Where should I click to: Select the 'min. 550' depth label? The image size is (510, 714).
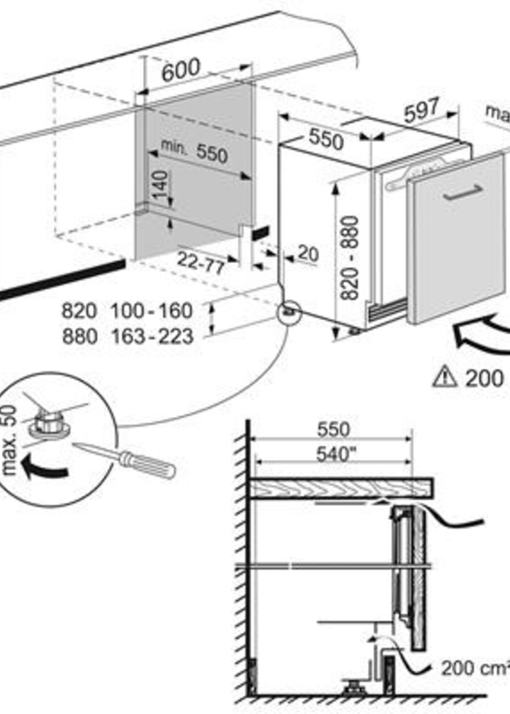[194, 152]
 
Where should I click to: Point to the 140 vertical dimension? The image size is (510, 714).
[161, 185]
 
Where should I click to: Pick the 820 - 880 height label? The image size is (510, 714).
[349, 257]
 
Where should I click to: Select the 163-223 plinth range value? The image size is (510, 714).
[153, 336]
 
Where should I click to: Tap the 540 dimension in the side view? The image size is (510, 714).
[333, 454]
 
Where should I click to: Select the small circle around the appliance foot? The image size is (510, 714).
[289, 312]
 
